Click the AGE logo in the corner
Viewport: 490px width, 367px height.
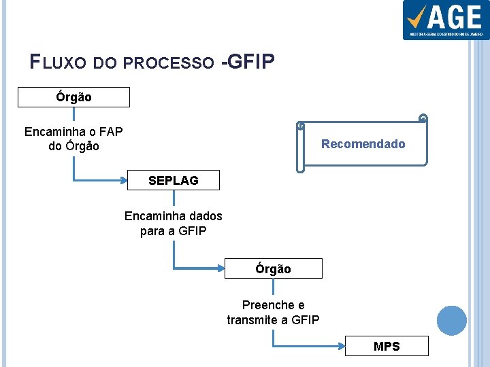coord(445,20)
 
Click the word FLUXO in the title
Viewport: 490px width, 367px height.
coord(59,63)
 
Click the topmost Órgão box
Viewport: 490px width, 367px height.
coord(73,97)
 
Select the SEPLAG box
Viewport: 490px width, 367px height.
coord(174,180)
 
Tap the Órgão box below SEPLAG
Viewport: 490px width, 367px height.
coord(273,269)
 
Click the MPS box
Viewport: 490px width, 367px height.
coord(387,347)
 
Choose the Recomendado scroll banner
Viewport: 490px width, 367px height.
coord(362,144)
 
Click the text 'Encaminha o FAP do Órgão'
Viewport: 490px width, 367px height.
coord(73,139)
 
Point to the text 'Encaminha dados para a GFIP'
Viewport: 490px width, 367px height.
coord(173,224)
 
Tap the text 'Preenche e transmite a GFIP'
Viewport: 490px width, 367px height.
coord(273,313)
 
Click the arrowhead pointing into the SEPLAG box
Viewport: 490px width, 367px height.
coord(125,180)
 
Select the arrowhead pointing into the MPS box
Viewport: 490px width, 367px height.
coord(342,347)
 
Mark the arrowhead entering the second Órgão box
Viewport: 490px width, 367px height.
coord(221,269)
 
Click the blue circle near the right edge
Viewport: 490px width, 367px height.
coord(451,321)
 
